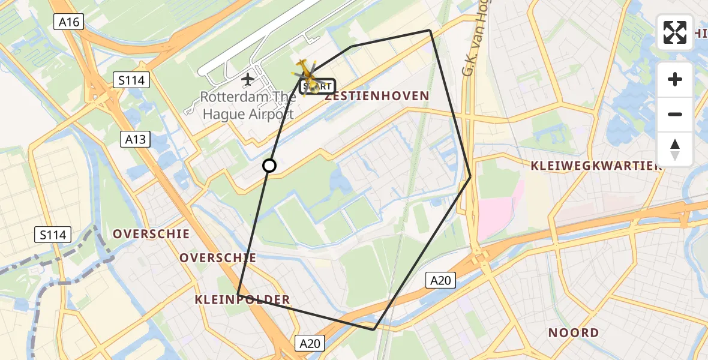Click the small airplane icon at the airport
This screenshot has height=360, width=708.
coord(247,79)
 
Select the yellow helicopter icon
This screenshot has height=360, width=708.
coord(307,75)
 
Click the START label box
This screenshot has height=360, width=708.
coord(318,87)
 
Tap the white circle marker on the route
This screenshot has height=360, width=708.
coord(269,166)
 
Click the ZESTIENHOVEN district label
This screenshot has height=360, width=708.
coord(377,96)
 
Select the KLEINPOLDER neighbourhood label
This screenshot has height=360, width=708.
coord(242,300)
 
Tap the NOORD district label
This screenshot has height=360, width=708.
coord(573,332)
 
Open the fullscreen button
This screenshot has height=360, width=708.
coord(675,32)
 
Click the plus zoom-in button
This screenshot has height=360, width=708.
coord(675,79)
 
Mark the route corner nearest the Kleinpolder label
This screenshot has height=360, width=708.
coord(238,294)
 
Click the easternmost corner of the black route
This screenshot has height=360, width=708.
coord(470,176)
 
